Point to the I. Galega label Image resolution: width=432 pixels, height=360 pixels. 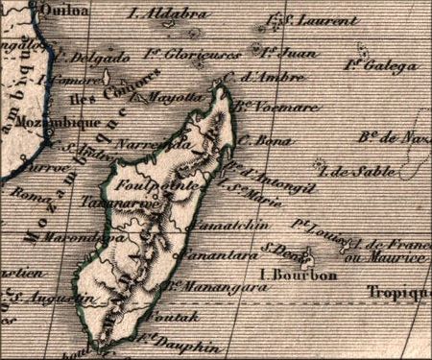coord(382,64)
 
